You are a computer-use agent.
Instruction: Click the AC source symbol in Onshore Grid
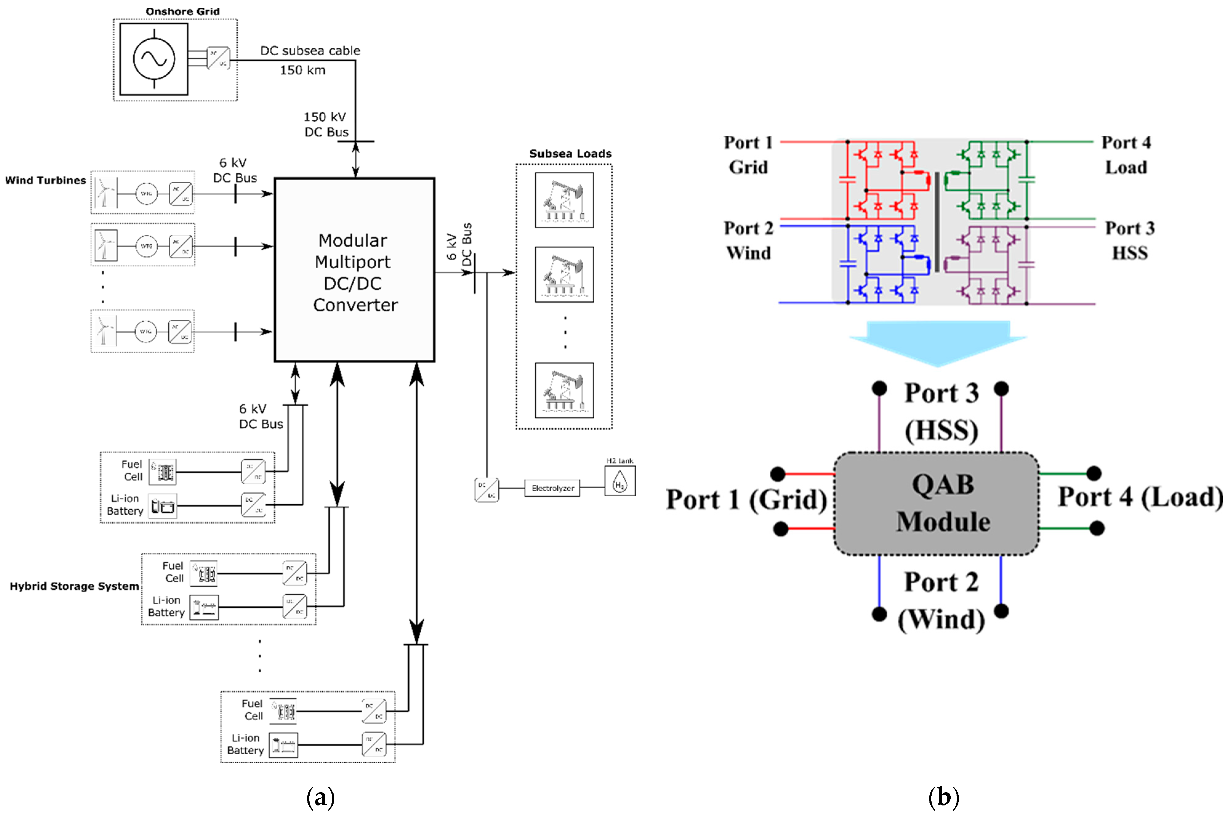[154, 59]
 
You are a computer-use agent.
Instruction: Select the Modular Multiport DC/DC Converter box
[354, 270]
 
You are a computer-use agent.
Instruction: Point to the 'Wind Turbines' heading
[46, 180]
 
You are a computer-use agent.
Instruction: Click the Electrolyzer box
[552, 488]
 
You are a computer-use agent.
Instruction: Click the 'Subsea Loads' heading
[570, 154]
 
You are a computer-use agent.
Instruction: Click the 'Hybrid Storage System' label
[74, 586]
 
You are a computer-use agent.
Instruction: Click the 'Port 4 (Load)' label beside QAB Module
[1140, 497]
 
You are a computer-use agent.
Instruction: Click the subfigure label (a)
[320, 797]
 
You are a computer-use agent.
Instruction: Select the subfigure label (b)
[944, 797]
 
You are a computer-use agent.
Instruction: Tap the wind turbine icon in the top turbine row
[105, 192]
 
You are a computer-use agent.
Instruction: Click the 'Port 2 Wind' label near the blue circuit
[748, 240]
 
